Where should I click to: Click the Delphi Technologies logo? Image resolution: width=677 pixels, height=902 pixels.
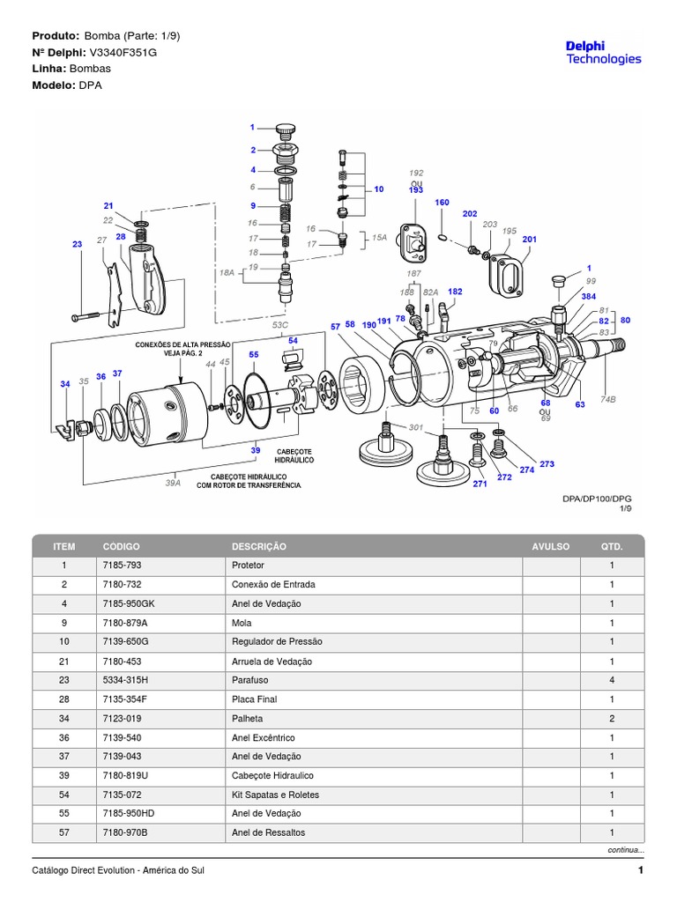[x=602, y=52]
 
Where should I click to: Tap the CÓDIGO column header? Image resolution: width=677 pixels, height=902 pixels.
[x=121, y=546]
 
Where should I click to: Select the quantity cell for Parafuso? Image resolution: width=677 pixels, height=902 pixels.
[x=612, y=680]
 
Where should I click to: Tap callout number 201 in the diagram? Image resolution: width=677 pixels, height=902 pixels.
[x=529, y=240]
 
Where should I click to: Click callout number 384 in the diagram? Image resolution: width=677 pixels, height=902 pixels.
[x=588, y=297]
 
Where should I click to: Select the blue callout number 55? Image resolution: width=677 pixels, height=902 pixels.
[x=254, y=354]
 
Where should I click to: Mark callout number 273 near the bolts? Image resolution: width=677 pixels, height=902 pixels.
[x=547, y=463]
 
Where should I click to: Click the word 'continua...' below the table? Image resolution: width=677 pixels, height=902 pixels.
[x=623, y=851]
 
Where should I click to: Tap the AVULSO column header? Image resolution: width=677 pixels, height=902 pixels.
[x=551, y=546]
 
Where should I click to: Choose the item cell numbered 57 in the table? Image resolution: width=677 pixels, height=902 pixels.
[x=63, y=833]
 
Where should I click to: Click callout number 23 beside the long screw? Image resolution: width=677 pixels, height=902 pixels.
[x=77, y=244]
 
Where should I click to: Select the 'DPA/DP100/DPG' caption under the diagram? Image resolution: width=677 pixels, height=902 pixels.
[x=597, y=499]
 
